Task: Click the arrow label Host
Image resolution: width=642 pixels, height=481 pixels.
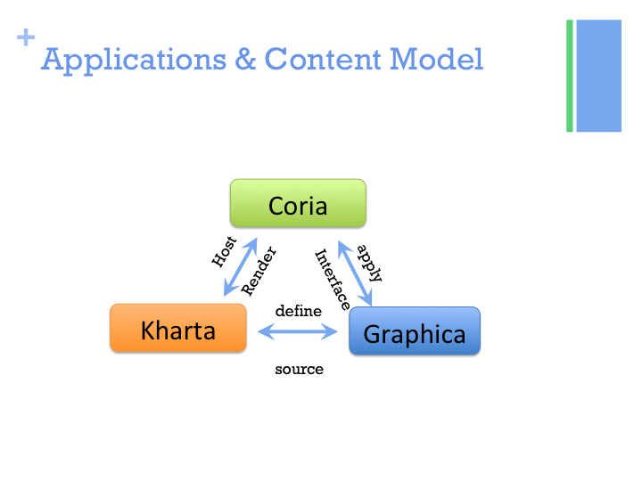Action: tap(224, 252)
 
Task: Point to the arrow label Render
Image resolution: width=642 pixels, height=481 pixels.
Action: tap(259, 271)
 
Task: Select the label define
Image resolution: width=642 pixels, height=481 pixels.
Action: tap(299, 311)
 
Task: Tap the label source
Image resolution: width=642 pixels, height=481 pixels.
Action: tap(299, 368)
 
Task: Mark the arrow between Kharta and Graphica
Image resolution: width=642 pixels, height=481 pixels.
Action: tap(298, 332)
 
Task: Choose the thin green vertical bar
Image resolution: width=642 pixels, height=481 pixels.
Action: tap(570, 76)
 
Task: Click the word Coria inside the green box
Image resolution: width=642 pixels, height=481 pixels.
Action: tap(298, 207)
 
